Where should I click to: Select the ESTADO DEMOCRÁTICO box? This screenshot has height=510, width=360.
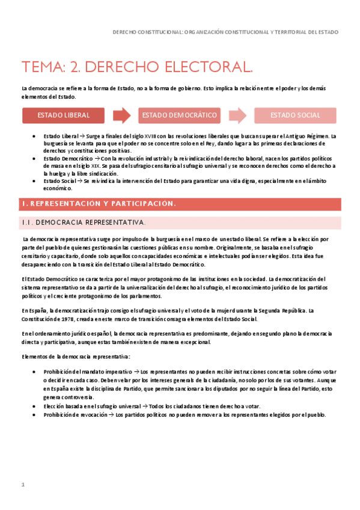coord(179,115)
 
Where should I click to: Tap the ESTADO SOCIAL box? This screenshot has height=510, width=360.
coord(295,115)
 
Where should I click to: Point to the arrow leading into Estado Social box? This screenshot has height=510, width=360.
coord(238,115)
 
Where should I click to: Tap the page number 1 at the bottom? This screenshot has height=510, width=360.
coord(23,485)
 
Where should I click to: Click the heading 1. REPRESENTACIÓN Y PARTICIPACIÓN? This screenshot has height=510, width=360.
coord(99,204)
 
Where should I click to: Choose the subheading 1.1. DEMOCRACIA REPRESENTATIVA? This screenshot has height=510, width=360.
coord(84,223)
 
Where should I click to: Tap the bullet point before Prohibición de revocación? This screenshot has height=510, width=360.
coord(35,415)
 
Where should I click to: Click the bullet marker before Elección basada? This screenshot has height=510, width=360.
coord(35,407)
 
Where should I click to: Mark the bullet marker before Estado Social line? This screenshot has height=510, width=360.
coord(35,180)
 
